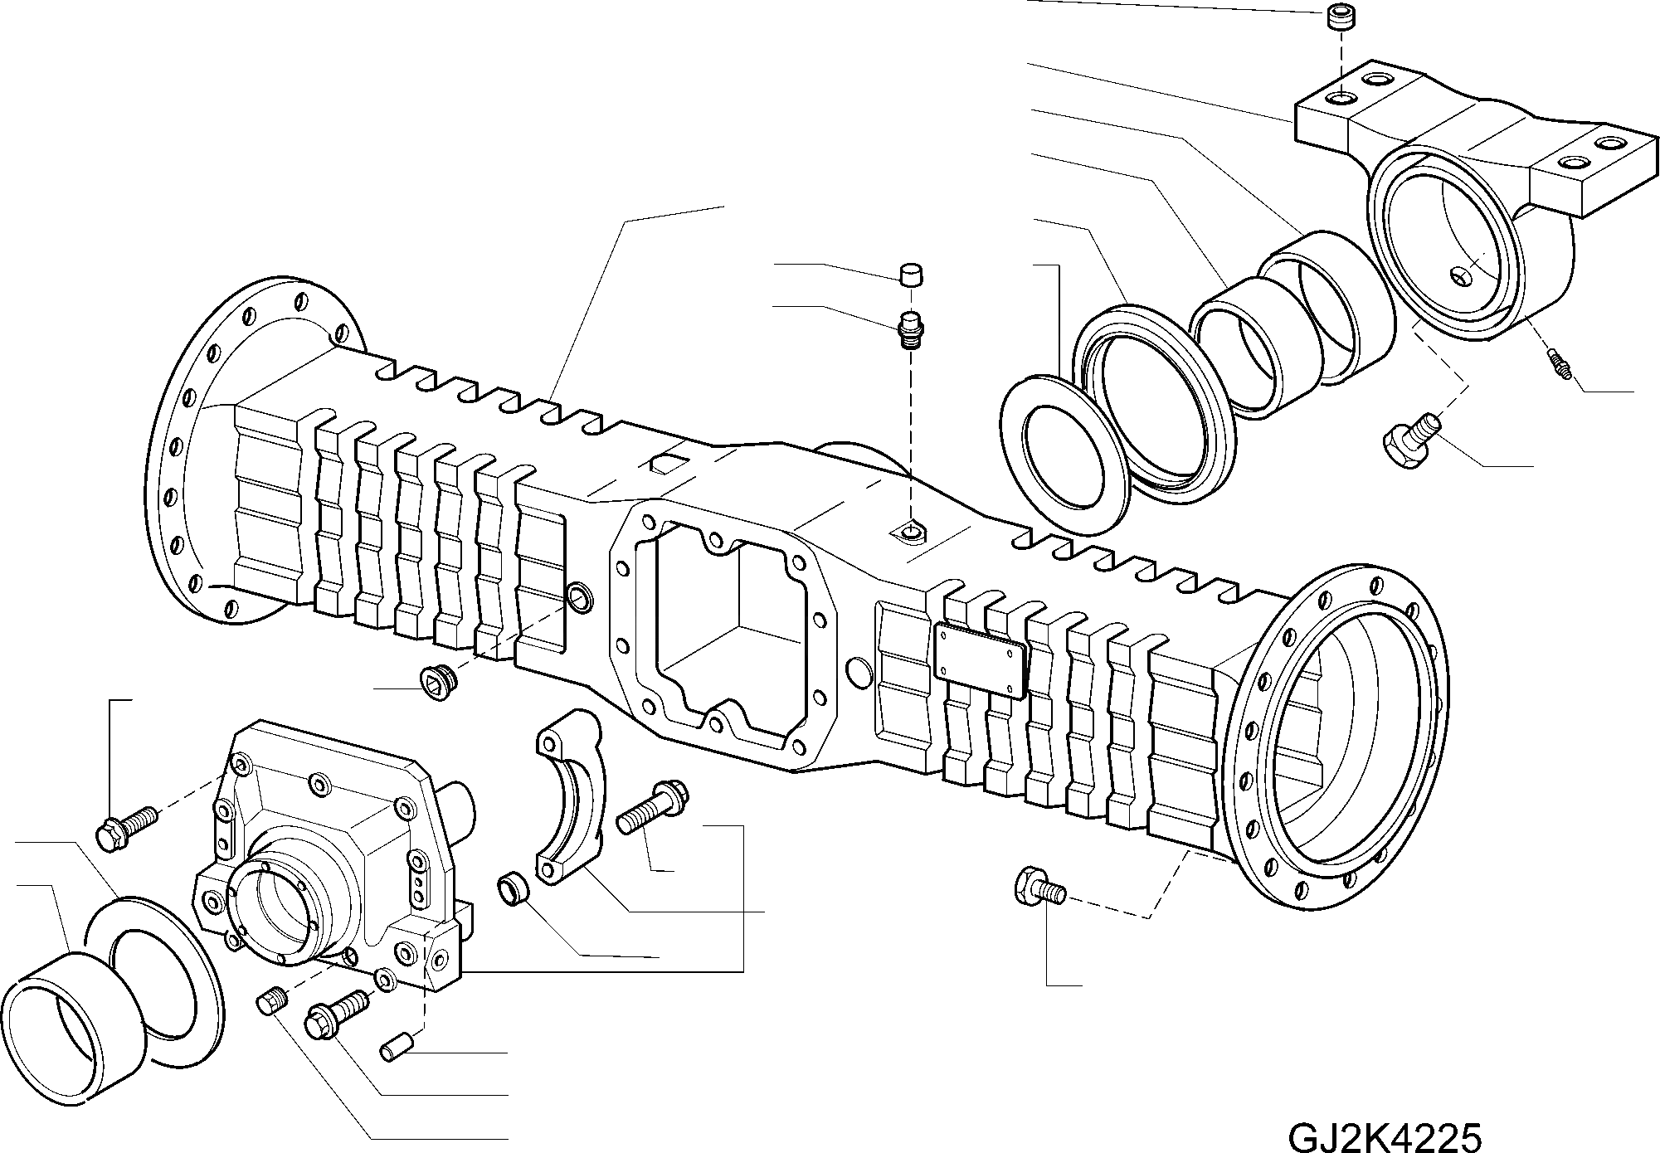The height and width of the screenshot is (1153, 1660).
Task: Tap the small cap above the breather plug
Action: click(912, 274)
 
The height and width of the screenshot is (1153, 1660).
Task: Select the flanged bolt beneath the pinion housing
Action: click(335, 1014)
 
